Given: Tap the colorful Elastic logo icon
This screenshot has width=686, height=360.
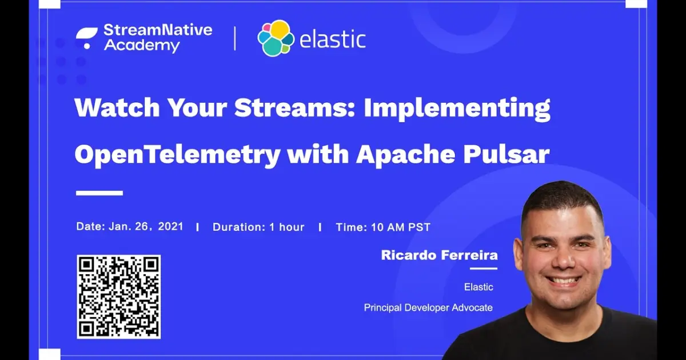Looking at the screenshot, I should (276, 38).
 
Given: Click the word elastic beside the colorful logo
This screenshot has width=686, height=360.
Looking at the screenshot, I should (333, 40).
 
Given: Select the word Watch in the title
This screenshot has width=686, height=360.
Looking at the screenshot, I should (111, 109).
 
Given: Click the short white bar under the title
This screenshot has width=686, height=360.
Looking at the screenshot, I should (99, 193).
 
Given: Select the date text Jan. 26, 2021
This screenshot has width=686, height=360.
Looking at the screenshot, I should (145, 226).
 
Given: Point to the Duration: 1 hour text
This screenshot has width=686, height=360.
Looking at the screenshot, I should (258, 227).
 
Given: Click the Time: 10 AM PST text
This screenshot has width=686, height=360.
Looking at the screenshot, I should (383, 227).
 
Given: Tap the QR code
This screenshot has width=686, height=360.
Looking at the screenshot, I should (119, 297).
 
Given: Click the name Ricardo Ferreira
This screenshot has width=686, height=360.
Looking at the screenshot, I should (439, 255).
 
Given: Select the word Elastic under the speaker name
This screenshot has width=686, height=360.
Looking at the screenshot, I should (478, 287).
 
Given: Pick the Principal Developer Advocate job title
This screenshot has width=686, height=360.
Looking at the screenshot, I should (428, 307).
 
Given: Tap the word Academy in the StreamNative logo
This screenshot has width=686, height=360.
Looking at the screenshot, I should (142, 46).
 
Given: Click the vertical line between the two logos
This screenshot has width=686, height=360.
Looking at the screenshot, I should (234, 38).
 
